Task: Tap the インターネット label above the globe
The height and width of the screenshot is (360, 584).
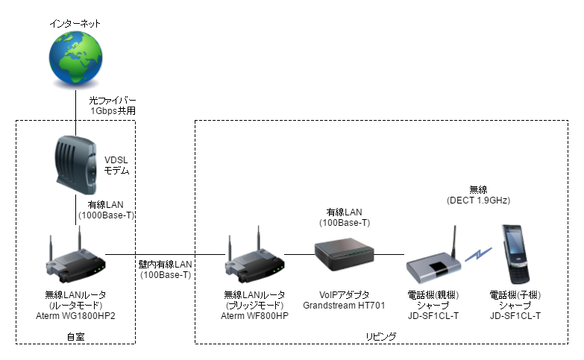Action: tap(75, 24)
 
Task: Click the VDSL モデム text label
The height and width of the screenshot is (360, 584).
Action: tap(116, 165)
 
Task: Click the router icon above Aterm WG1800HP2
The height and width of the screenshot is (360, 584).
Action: tap(75, 258)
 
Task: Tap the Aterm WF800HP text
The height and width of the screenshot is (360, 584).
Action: tap(254, 316)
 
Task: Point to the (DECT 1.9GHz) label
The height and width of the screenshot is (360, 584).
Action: tap(477, 200)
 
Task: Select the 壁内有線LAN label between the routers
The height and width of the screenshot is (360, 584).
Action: tap(165, 265)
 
